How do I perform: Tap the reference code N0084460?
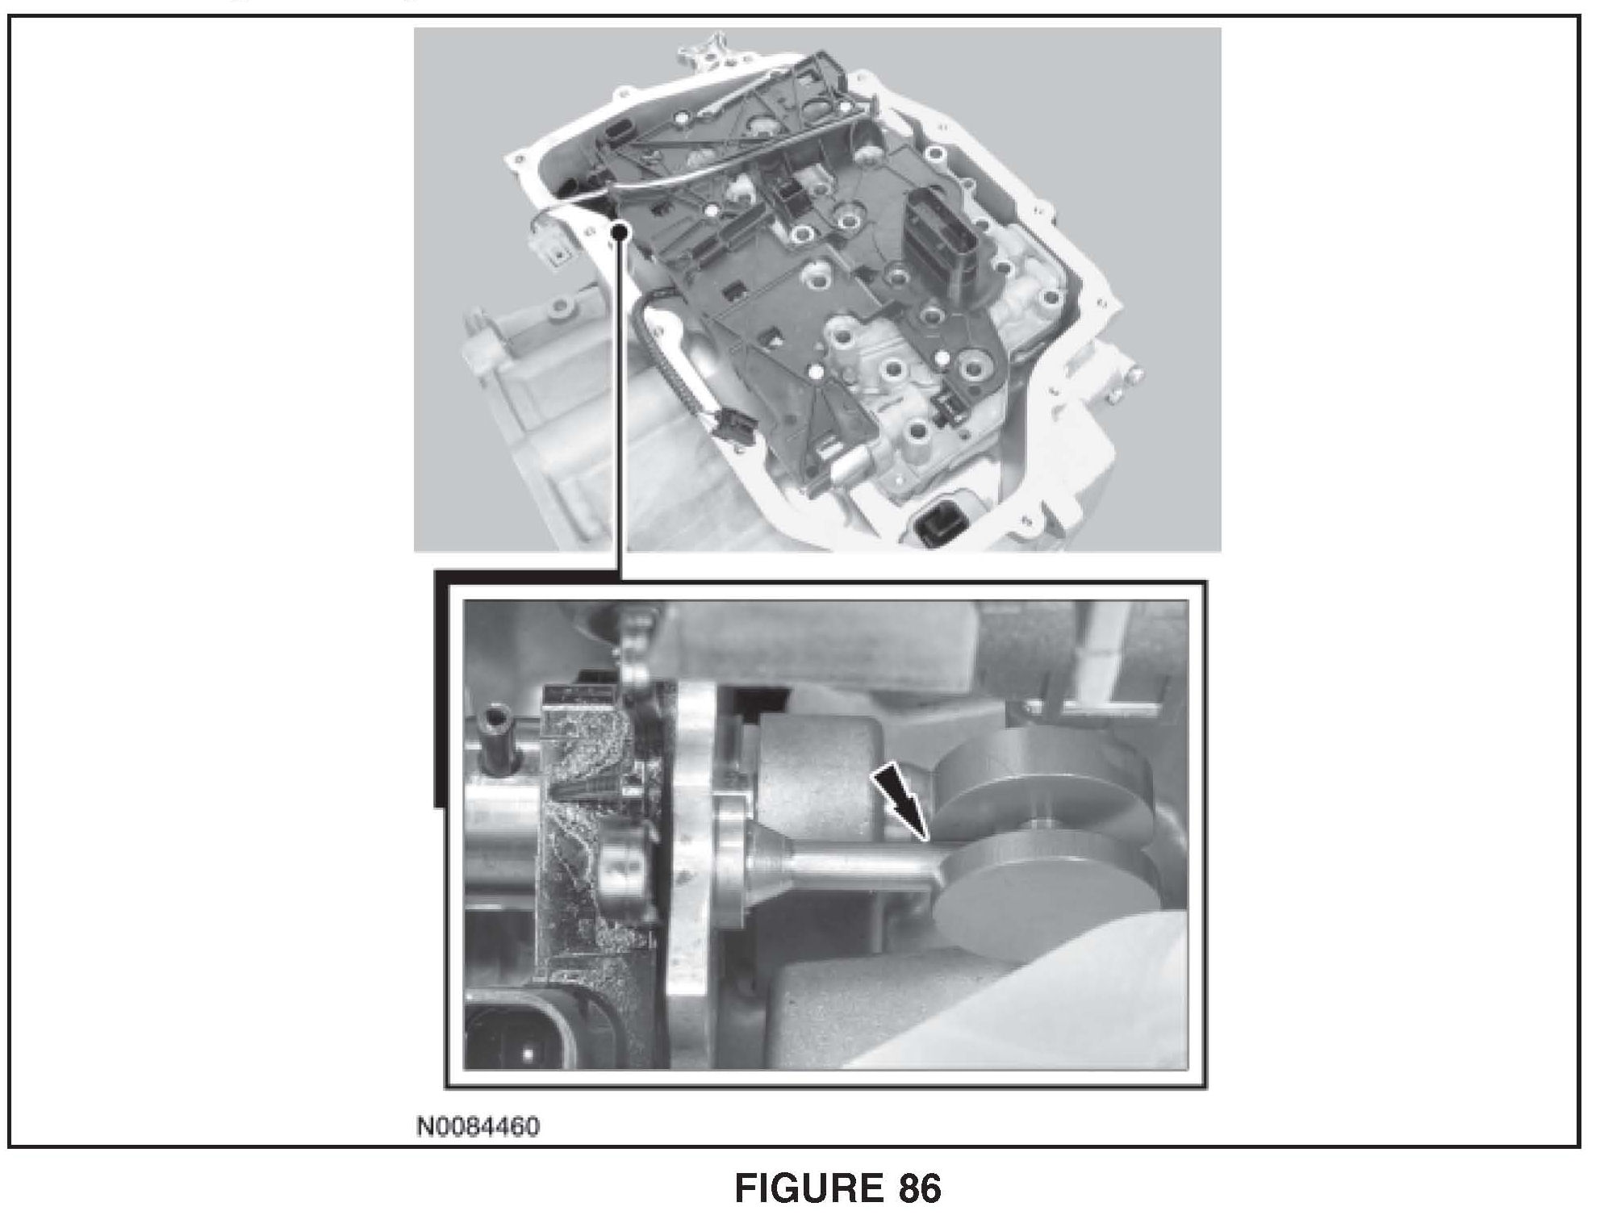pyautogui.click(x=478, y=1125)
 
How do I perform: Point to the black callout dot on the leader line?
pyautogui.click(x=620, y=232)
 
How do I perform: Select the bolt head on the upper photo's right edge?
pyautogui.click(x=1136, y=376)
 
